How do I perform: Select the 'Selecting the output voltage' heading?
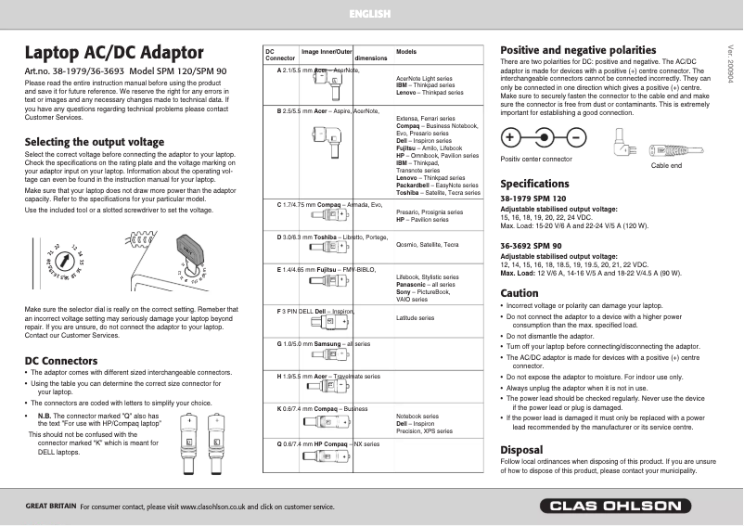pyautogui.click(x=94, y=142)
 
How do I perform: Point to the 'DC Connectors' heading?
pyautogui.click(x=61, y=360)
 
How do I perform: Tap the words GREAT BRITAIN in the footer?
pyautogui.click(x=50, y=507)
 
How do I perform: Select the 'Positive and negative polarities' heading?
pyautogui.click(x=578, y=49)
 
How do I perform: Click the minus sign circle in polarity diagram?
pyautogui.click(x=576, y=138)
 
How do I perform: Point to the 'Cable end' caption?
pyautogui.click(x=666, y=164)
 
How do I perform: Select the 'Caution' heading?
pyautogui.click(x=520, y=293)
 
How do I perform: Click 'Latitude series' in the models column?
pyautogui.click(x=415, y=318)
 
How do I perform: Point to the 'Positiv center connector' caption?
pyautogui.click(x=536, y=159)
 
